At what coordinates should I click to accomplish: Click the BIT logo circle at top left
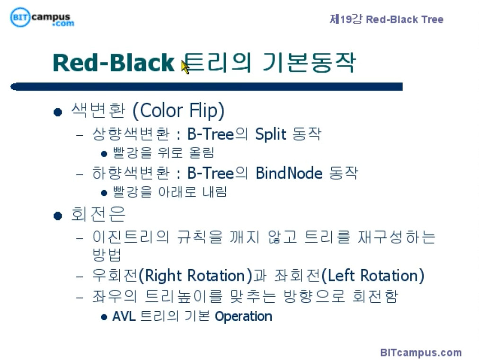click(x=20, y=17)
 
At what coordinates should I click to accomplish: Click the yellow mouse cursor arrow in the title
click(x=185, y=67)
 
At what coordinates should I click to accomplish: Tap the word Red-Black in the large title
click(x=114, y=63)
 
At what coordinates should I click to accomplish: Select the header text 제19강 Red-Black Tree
click(x=386, y=19)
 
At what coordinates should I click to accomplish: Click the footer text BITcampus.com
click(x=421, y=352)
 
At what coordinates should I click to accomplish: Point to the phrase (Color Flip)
click(x=178, y=111)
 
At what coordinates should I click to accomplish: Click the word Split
click(x=271, y=134)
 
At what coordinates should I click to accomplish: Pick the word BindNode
click(x=289, y=173)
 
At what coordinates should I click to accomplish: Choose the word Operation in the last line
click(x=243, y=316)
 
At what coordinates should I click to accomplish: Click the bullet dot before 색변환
click(x=58, y=113)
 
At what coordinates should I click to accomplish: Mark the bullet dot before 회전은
click(x=58, y=216)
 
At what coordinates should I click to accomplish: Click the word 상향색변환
click(x=131, y=134)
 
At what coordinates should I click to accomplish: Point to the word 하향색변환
click(x=131, y=173)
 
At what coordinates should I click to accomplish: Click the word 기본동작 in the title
click(x=309, y=63)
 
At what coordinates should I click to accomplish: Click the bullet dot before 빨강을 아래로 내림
click(x=104, y=193)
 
